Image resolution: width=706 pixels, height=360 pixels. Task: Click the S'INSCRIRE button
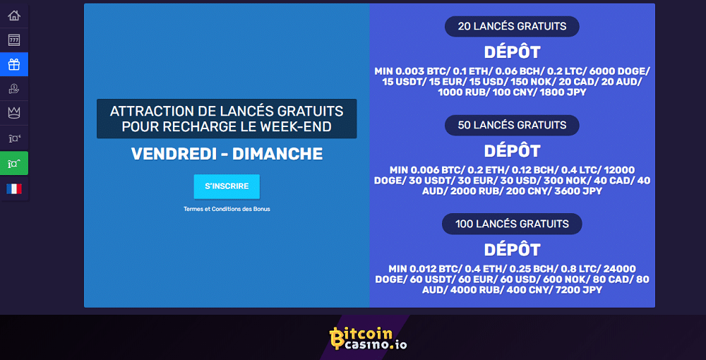point(227,186)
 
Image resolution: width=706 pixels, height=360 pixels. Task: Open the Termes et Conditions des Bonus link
point(227,209)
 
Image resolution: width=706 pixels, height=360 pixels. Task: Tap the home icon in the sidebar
point(14,16)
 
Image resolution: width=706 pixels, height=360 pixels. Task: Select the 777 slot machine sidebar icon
point(14,40)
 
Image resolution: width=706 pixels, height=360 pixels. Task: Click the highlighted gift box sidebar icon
point(14,64)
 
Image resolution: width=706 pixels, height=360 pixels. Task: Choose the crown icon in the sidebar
point(14,112)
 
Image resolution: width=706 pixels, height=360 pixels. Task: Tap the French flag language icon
point(14,188)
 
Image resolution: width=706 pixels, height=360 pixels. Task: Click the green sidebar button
point(14,163)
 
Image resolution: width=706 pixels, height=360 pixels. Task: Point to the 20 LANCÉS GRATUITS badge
point(512,27)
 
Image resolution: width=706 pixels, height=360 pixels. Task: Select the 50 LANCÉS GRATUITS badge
point(512,125)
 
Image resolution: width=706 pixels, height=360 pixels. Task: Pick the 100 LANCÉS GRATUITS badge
point(512,224)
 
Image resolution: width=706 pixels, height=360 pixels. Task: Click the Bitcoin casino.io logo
point(369,338)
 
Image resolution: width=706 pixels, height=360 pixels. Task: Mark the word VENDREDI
point(174,155)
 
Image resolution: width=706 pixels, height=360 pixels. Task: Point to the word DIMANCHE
point(277,155)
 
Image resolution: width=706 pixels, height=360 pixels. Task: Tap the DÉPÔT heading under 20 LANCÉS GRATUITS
point(512,53)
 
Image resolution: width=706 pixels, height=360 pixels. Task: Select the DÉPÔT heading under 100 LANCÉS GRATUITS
point(512,250)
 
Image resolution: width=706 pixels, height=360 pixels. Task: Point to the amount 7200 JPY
point(579,290)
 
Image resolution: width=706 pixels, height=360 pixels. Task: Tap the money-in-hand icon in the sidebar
point(14,89)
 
